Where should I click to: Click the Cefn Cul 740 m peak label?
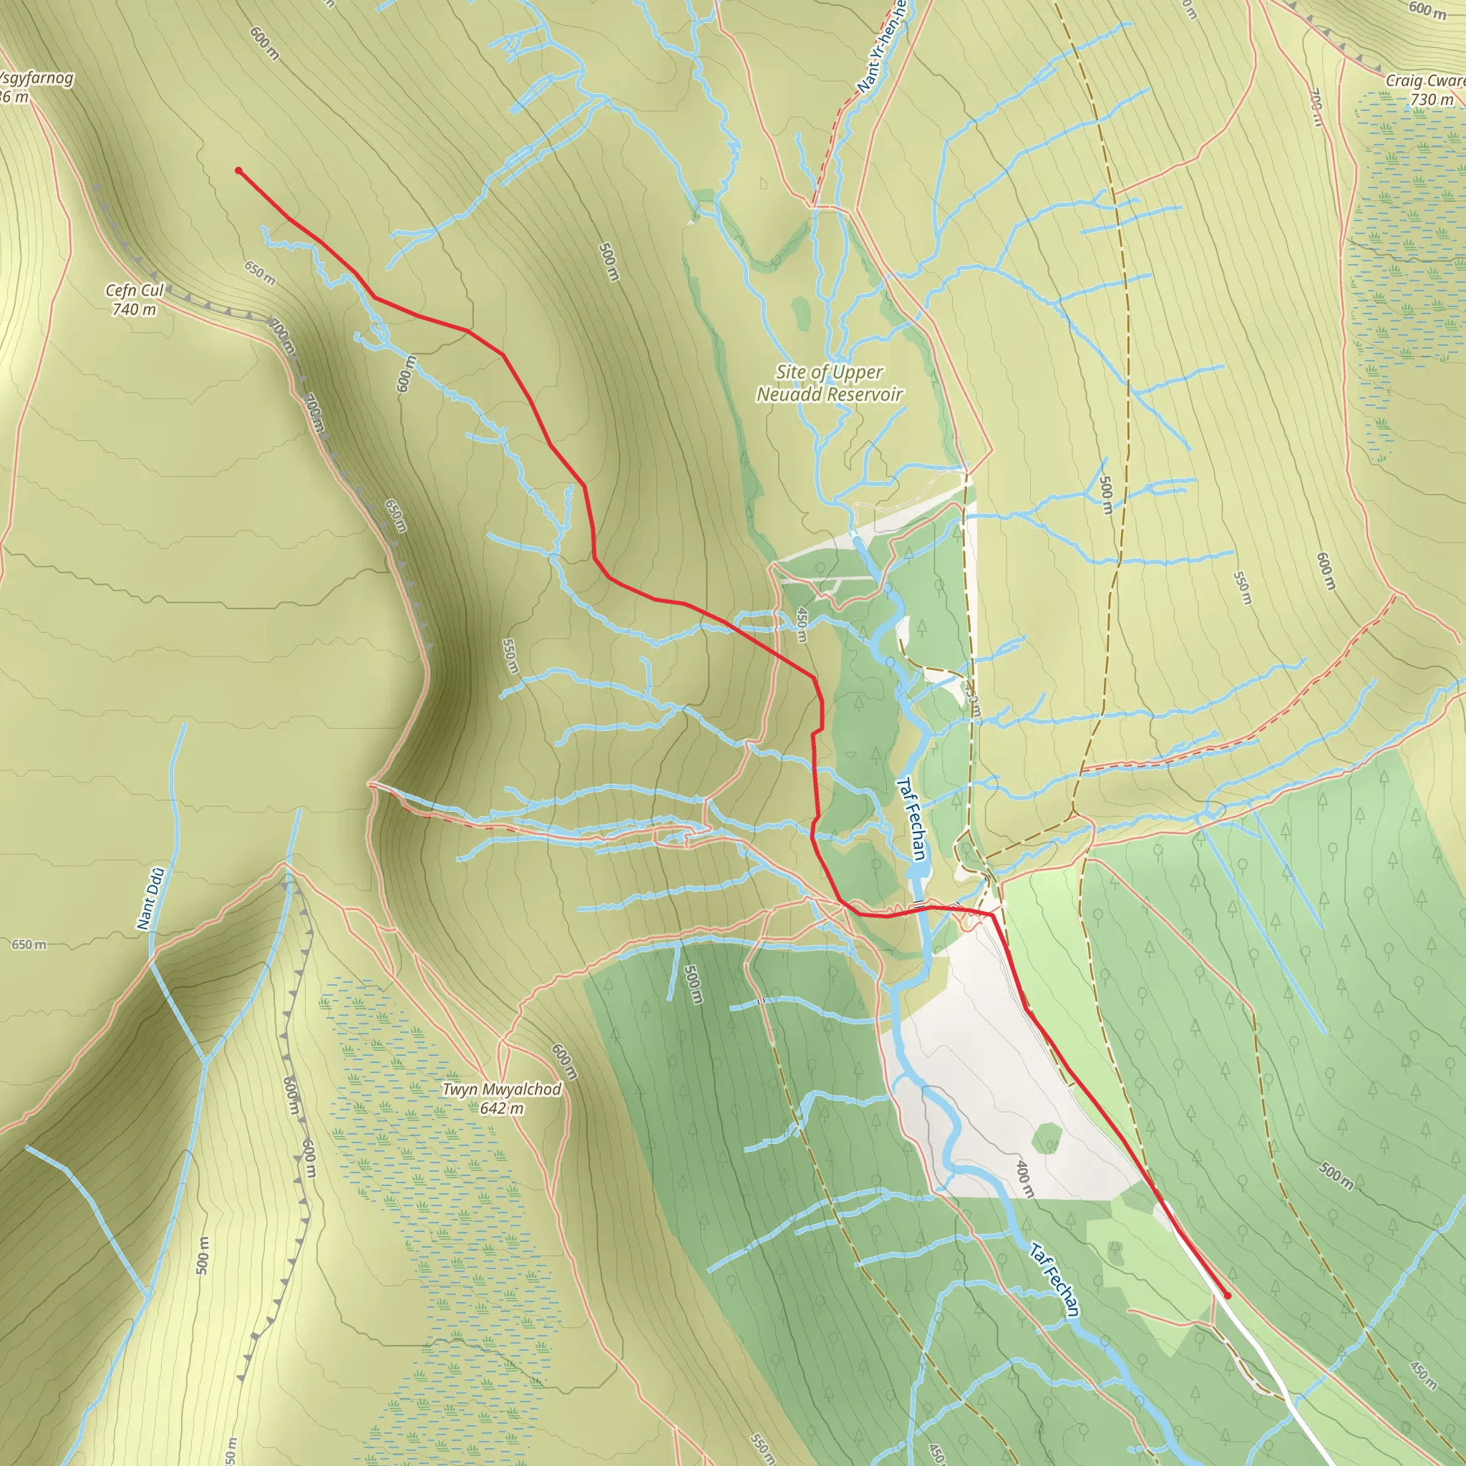[x=135, y=300]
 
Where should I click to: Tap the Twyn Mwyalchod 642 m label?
[x=502, y=1098]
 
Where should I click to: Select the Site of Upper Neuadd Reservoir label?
[x=830, y=383]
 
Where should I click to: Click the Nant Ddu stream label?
[x=150, y=898]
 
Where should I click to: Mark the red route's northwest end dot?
[x=238, y=171]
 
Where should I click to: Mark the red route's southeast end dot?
[x=1227, y=1296]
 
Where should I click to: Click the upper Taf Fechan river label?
[x=911, y=819]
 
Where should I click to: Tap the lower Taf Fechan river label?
[x=1054, y=1279]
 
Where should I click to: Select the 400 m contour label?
[x=1024, y=1179]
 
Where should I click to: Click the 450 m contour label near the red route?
[x=801, y=624]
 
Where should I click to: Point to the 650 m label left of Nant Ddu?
[x=29, y=945]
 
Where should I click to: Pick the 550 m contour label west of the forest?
[x=510, y=656]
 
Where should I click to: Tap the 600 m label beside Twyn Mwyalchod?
[x=565, y=1061]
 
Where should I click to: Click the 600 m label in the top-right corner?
[x=1427, y=9]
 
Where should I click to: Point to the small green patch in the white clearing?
[x=1047, y=1137]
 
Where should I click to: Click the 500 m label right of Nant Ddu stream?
[x=202, y=1255]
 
